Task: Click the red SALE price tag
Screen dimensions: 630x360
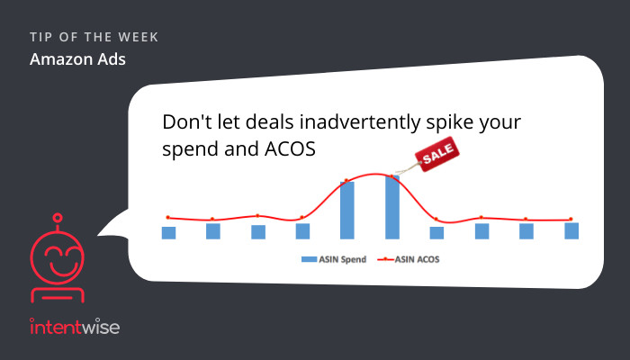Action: [437, 154]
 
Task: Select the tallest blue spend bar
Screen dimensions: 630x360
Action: [392, 207]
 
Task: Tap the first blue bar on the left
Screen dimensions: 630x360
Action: [168, 233]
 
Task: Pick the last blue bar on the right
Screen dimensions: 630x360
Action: [571, 231]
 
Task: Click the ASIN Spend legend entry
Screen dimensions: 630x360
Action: [334, 259]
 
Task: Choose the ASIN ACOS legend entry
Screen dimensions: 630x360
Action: [409, 259]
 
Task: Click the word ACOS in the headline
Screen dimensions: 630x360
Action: [290, 149]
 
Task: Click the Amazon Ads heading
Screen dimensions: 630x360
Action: [77, 59]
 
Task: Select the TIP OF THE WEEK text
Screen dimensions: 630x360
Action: [94, 38]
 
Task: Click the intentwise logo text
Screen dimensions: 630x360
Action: [75, 327]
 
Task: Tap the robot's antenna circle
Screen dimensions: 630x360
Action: [58, 218]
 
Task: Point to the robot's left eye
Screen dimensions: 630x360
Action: [52, 252]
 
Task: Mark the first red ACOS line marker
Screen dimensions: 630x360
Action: [168, 218]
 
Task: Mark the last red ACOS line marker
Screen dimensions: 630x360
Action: [571, 220]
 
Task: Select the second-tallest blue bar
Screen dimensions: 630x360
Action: [347, 211]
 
